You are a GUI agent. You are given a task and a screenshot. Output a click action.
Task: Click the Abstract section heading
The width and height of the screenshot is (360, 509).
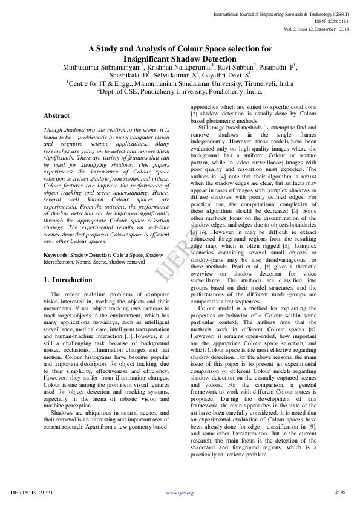(56, 115)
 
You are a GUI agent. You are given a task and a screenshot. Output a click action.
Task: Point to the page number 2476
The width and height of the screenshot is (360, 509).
(339, 492)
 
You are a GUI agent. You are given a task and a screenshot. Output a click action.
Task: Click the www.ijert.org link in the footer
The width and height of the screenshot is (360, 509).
(180, 493)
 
